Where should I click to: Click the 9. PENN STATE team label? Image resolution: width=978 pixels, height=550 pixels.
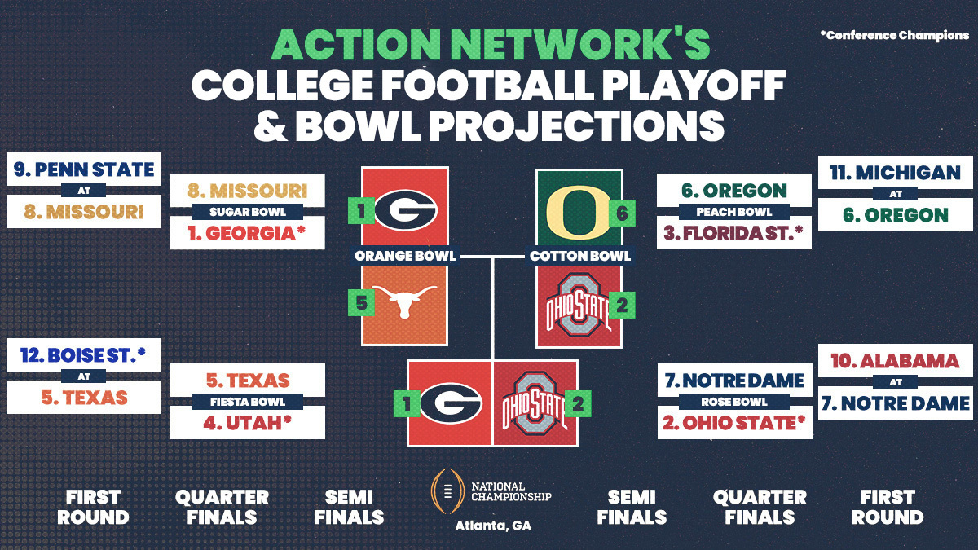[84, 170]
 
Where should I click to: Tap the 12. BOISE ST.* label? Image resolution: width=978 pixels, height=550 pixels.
[84, 355]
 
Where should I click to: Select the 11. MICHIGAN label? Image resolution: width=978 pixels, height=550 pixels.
[894, 174]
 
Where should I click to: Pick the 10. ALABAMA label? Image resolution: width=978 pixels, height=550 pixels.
[894, 360]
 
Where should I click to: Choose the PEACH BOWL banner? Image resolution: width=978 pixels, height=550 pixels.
[734, 212]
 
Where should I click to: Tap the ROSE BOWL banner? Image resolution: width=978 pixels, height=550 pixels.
[734, 402]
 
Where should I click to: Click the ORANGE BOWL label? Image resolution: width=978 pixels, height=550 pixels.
[404, 256]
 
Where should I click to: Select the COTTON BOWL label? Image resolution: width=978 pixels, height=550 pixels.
[579, 256]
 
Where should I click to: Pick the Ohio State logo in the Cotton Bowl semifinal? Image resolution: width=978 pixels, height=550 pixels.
[577, 306]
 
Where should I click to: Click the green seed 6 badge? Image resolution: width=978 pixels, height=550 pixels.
[621, 212]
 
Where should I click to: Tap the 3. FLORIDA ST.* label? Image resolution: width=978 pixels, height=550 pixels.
[734, 234]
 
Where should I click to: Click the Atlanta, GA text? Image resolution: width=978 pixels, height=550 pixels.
[492, 526]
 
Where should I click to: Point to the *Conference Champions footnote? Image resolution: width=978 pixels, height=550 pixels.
[894, 35]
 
